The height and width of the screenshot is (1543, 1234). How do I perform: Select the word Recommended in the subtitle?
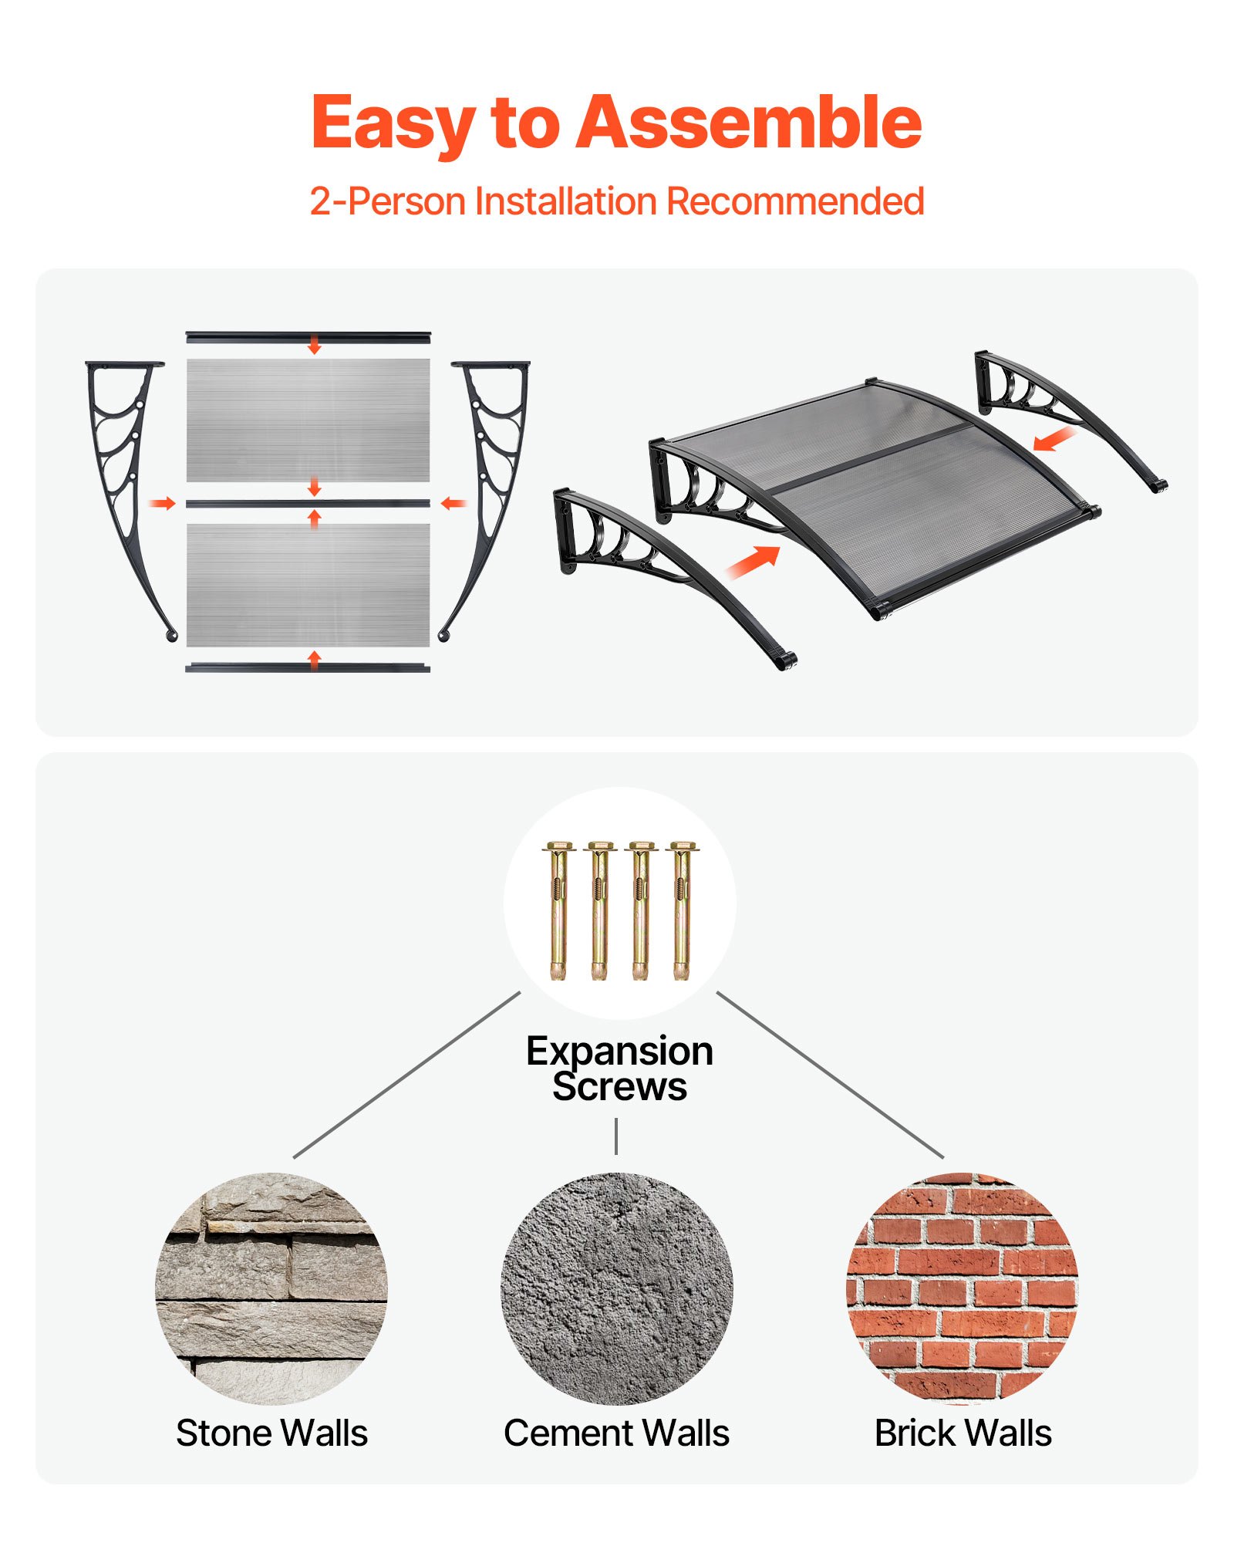pyautogui.click(x=794, y=201)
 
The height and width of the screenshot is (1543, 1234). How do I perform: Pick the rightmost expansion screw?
pyautogui.click(x=681, y=910)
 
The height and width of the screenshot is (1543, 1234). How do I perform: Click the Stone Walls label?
pyautogui.click(x=271, y=1433)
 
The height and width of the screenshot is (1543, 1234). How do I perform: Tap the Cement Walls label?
pyautogui.click(x=616, y=1433)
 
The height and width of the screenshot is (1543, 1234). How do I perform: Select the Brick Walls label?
pyautogui.click(x=963, y=1433)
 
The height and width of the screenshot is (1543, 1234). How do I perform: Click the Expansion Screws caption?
pyautogui.click(x=619, y=1069)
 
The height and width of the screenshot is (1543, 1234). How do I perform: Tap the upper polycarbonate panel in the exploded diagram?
pyautogui.click(x=308, y=420)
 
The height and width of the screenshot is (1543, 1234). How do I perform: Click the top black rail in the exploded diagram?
pyautogui.click(x=308, y=336)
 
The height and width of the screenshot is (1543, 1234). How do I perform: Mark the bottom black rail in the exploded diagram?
pyautogui.click(x=308, y=667)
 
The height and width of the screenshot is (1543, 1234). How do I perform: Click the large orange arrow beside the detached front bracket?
pyautogui.click(x=753, y=561)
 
